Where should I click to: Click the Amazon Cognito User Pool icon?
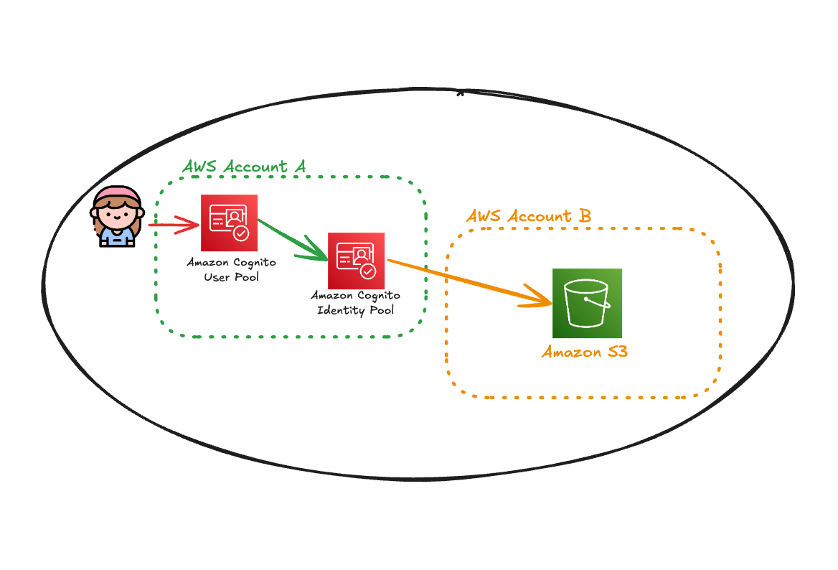click(x=229, y=223)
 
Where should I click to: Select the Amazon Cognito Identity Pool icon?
click(x=356, y=261)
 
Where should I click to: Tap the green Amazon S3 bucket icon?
click(x=587, y=303)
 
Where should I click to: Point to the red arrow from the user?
click(x=172, y=225)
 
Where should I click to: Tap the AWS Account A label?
click(x=244, y=167)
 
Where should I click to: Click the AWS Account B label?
click(x=529, y=216)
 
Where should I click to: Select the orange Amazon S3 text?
click(x=585, y=352)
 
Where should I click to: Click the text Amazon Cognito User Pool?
click(x=231, y=269)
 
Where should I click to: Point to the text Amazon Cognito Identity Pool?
click(x=355, y=302)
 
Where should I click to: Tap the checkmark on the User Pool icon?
click(x=241, y=233)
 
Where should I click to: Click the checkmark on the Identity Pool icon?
click(x=367, y=271)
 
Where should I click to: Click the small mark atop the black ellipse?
click(x=460, y=93)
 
